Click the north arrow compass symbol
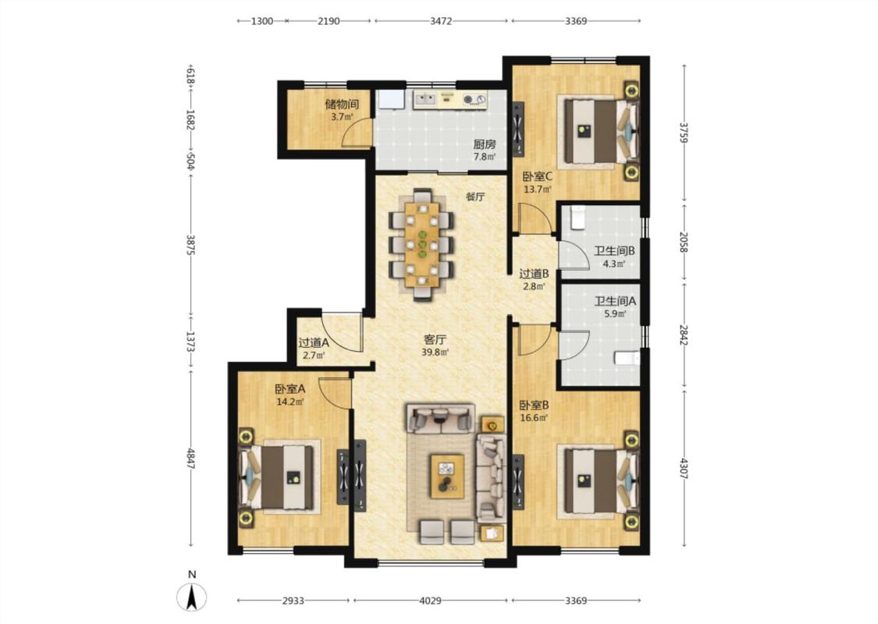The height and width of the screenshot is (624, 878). pos(191,597)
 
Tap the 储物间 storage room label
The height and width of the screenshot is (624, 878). pos(342,105)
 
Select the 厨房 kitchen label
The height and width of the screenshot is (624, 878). pos(485,144)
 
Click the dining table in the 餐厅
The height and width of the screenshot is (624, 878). pos(422,245)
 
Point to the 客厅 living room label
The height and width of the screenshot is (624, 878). pos(435,340)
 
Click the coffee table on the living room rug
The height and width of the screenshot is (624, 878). pos(447,476)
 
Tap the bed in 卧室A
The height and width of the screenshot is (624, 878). pos(276,477)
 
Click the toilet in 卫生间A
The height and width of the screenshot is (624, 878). pos(627,357)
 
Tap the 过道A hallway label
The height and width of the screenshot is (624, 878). pos(314,343)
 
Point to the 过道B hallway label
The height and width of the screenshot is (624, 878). pos(534,274)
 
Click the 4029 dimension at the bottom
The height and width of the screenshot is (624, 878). pos(430,601)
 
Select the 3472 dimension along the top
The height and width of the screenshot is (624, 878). pos(441,21)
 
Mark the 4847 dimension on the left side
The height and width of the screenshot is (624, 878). pos(191,459)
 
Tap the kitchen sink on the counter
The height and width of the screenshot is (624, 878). pos(425,100)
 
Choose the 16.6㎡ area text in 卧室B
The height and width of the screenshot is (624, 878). pos(534,417)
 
